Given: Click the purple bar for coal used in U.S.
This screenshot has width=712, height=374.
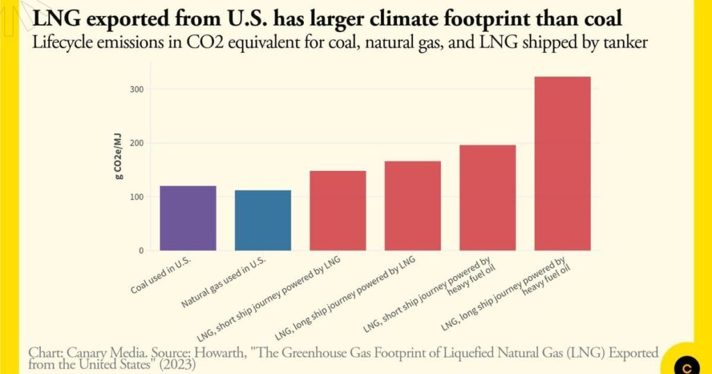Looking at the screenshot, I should (x=188, y=218).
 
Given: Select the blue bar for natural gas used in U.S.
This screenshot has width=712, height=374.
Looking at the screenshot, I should (x=263, y=220).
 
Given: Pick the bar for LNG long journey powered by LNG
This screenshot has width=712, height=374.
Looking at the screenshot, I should (x=412, y=206).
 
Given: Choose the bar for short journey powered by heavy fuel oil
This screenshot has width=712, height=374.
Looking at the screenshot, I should (x=487, y=197).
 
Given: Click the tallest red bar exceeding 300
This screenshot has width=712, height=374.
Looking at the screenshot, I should (x=563, y=163).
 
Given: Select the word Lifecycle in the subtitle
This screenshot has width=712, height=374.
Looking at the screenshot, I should (x=61, y=42).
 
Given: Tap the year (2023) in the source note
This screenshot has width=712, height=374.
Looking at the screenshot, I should (x=177, y=364).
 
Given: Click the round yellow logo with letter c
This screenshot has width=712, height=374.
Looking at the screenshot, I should (x=688, y=365).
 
